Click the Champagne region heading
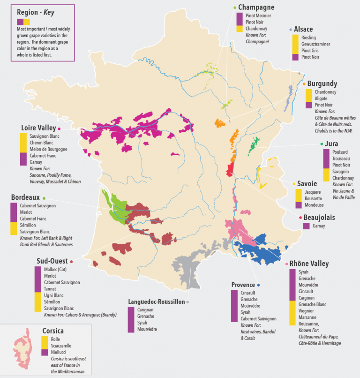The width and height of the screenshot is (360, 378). pyautogui.click(x=256, y=7)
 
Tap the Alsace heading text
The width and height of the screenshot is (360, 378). pyautogui.click(x=303, y=29)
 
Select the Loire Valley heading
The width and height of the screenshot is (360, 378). pyautogui.click(x=38, y=128)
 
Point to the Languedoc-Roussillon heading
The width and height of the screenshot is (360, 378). pyautogui.click(x=156, y=302)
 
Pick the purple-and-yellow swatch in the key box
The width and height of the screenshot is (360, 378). pyautogui.click(x=23, y=22)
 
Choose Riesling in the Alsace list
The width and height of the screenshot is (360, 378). pyautogui.click(x=309, y=38)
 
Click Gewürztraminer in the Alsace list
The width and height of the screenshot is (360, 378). pyautogui.click(x=316, y=44)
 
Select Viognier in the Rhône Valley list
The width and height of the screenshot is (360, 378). pyautogui.click(x=307, y=310)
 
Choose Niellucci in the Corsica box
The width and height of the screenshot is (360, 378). pyautogui.click(x=60, y=352)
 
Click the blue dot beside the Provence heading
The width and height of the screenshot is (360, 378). pyautogui.click(x=258, y=285)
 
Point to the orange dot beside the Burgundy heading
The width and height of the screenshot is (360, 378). pyautogui.click(x=304, y=84)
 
